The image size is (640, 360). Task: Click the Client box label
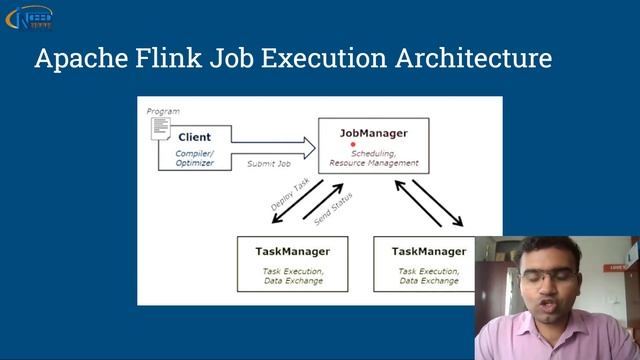(x=195, y=136)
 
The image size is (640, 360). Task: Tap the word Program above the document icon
(x=163, y=110)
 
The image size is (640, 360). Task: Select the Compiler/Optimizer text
(x=195, y=158)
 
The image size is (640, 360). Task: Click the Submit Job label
(x=268, y=163)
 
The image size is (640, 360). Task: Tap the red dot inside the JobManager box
(x=353, y=144)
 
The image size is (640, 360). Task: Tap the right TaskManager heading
(x=428, y=251)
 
